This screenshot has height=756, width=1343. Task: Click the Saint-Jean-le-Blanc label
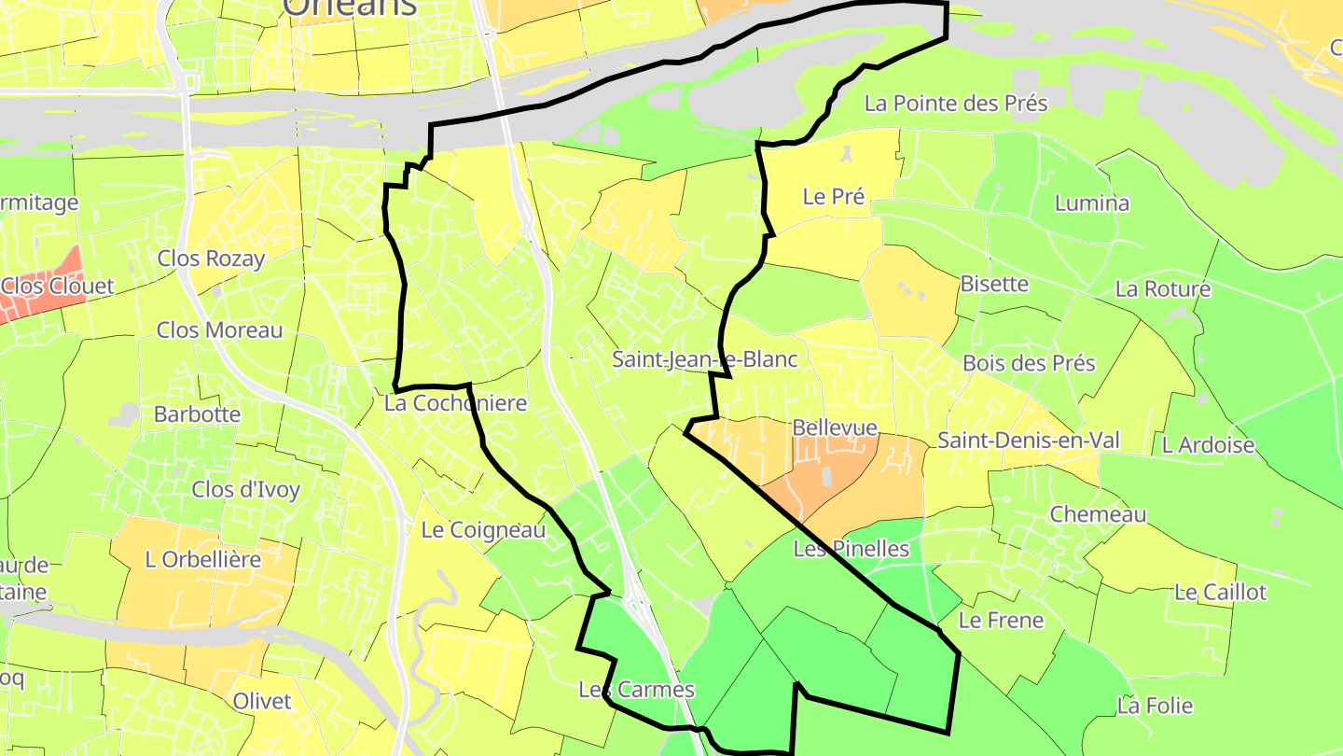705,358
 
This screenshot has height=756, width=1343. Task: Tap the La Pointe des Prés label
956,104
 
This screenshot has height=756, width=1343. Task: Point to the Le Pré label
833,197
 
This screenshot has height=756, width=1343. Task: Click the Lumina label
1091,203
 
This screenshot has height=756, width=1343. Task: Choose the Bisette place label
994,284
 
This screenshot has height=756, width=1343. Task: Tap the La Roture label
1162,289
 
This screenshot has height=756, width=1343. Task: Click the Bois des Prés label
1029,363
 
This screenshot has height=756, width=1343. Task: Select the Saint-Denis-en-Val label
1029,441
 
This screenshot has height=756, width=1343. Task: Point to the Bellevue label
835,427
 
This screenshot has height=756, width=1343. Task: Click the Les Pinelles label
851,549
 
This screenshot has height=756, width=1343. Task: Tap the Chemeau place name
1098,514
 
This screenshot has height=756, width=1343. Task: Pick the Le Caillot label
1220,593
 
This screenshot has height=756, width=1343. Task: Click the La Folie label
1155,707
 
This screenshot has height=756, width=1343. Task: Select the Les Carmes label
636,690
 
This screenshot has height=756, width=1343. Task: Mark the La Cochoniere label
455,403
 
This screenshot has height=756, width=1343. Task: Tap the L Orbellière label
202,559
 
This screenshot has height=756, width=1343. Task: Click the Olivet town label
262,701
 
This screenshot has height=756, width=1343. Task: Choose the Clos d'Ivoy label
245,489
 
